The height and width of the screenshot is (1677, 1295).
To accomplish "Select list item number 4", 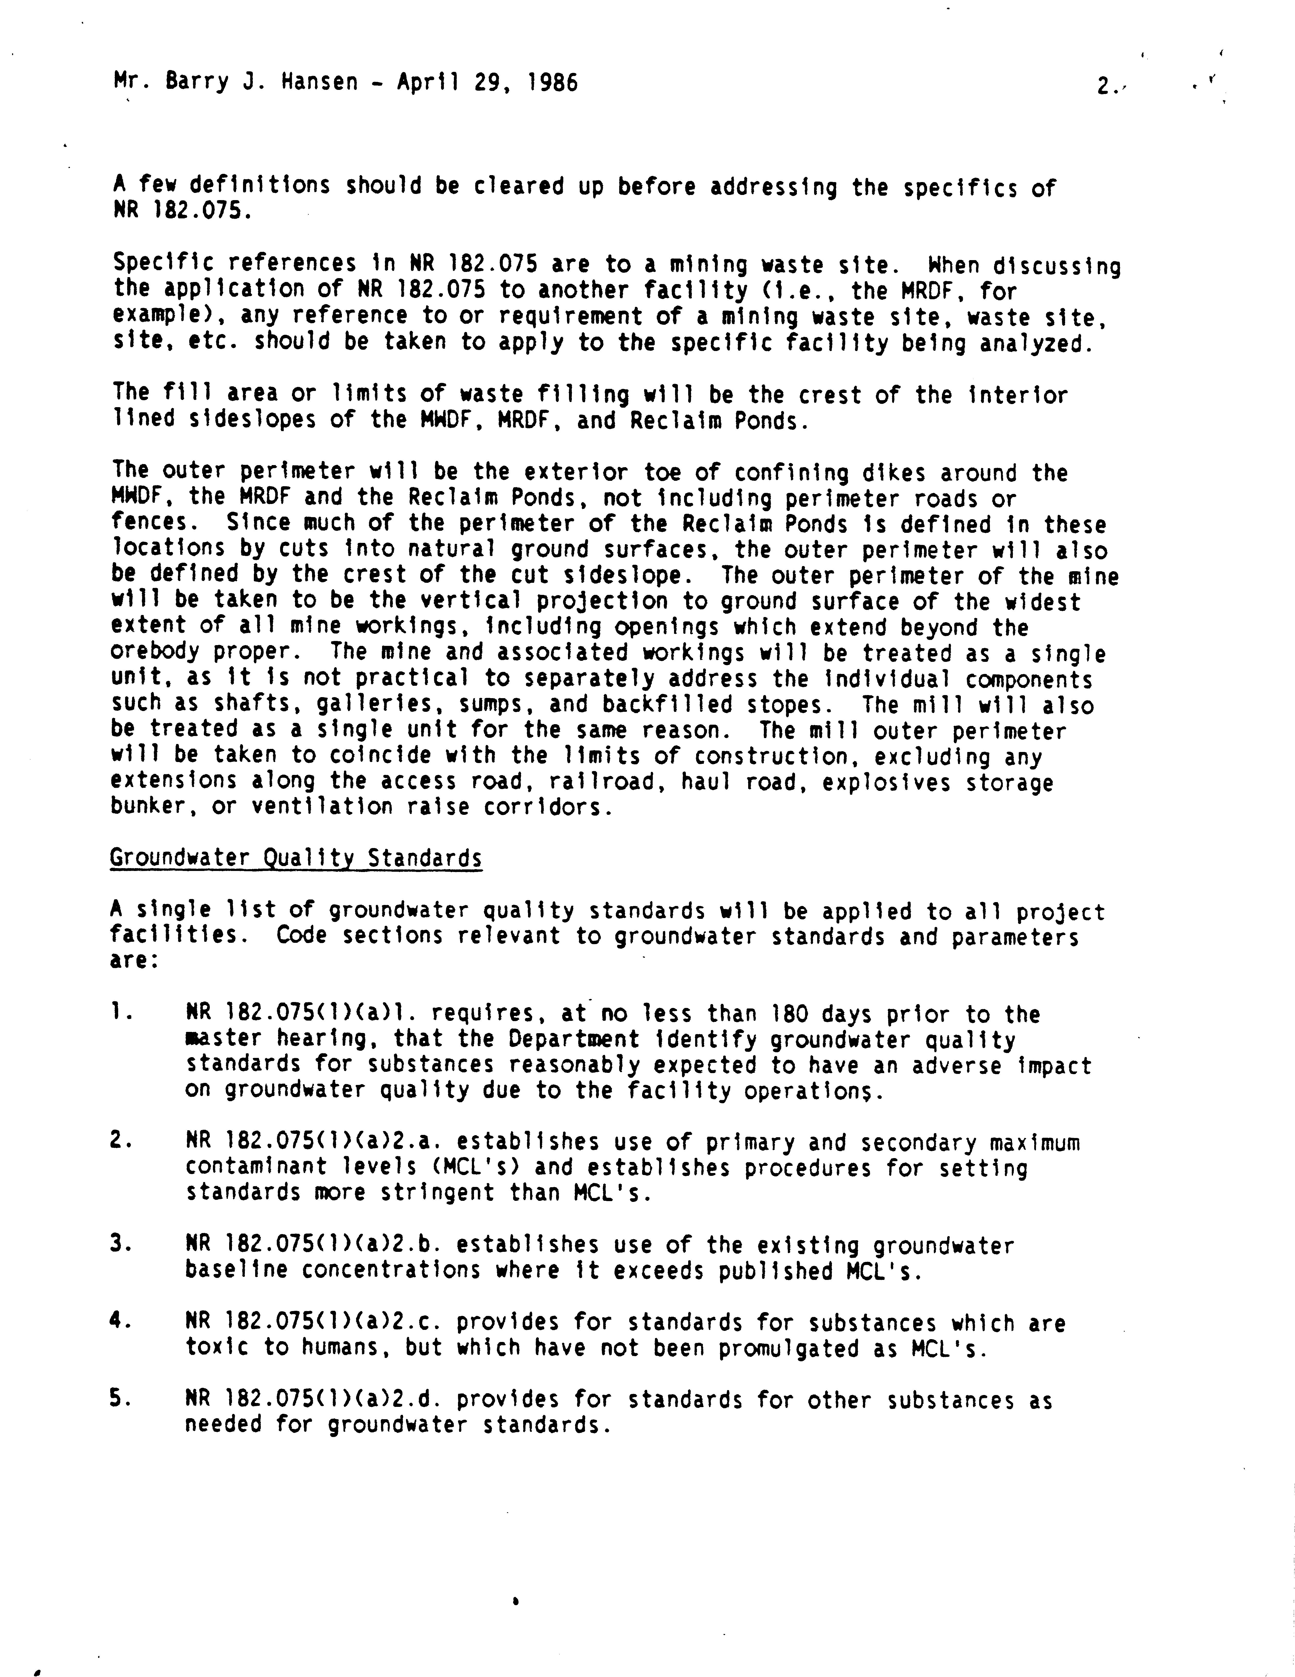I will pyautogui.click(x=117, y=1322).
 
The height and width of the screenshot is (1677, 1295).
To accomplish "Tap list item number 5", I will pyautogui.click(x=117, y=1399).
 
